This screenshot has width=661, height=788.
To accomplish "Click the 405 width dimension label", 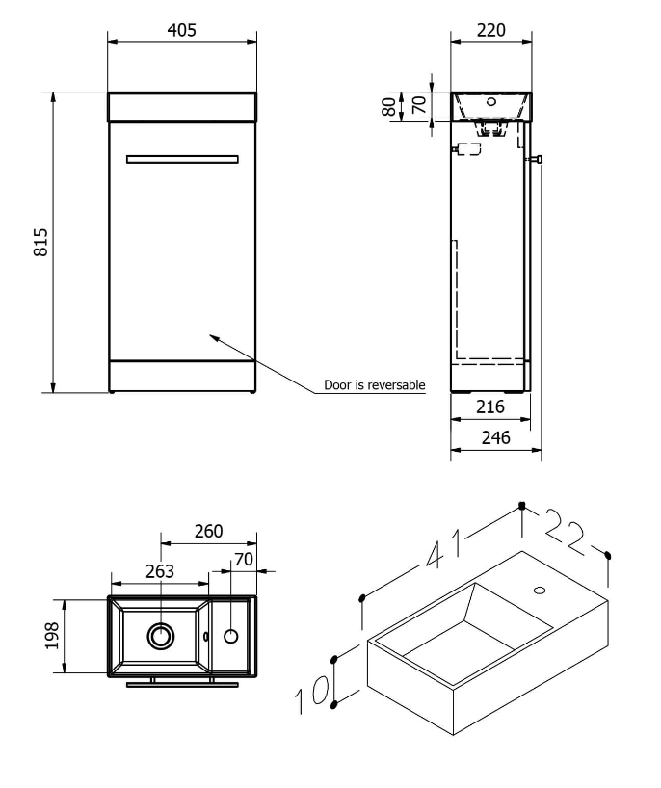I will click(x=182, y=30).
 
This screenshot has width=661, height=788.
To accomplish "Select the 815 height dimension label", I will click(x=40, y=243).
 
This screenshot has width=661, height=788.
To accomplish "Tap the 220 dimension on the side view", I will click(x=491, y=30).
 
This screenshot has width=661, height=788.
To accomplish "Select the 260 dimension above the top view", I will click(x=208, y=531).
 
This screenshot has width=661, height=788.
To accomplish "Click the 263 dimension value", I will click(x=160, y=571).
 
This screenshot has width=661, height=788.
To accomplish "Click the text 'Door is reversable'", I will click(x=375, y=385).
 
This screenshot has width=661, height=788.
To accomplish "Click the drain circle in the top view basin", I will click(x=160, y=636).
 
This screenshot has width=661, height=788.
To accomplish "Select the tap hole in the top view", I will click(x=231, y=635).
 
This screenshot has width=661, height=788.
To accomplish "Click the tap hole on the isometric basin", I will click(x=539, y=589).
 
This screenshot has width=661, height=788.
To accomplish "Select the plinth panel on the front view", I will click(x=182, y=376).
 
